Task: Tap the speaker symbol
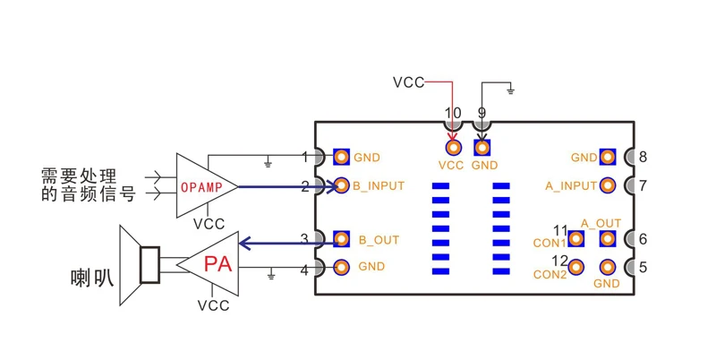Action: pos(141,265)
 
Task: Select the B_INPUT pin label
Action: pos(379,186)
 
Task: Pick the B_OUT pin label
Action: pos(379,240)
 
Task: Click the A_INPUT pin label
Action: pos(571,186)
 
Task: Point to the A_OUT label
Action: pos(601,223)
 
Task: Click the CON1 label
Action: pos(550,243)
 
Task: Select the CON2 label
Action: pos(550,274)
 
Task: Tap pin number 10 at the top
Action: pos(453,114)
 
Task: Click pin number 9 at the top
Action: pos(482,114)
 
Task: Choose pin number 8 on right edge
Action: pos(643,158)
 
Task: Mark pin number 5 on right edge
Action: pos(643,267)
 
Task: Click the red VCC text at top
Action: pos(408,82)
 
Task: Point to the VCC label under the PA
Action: pos(213,305)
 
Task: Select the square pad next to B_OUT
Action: pos(341,239)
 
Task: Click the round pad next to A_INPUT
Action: pos(609,186)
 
